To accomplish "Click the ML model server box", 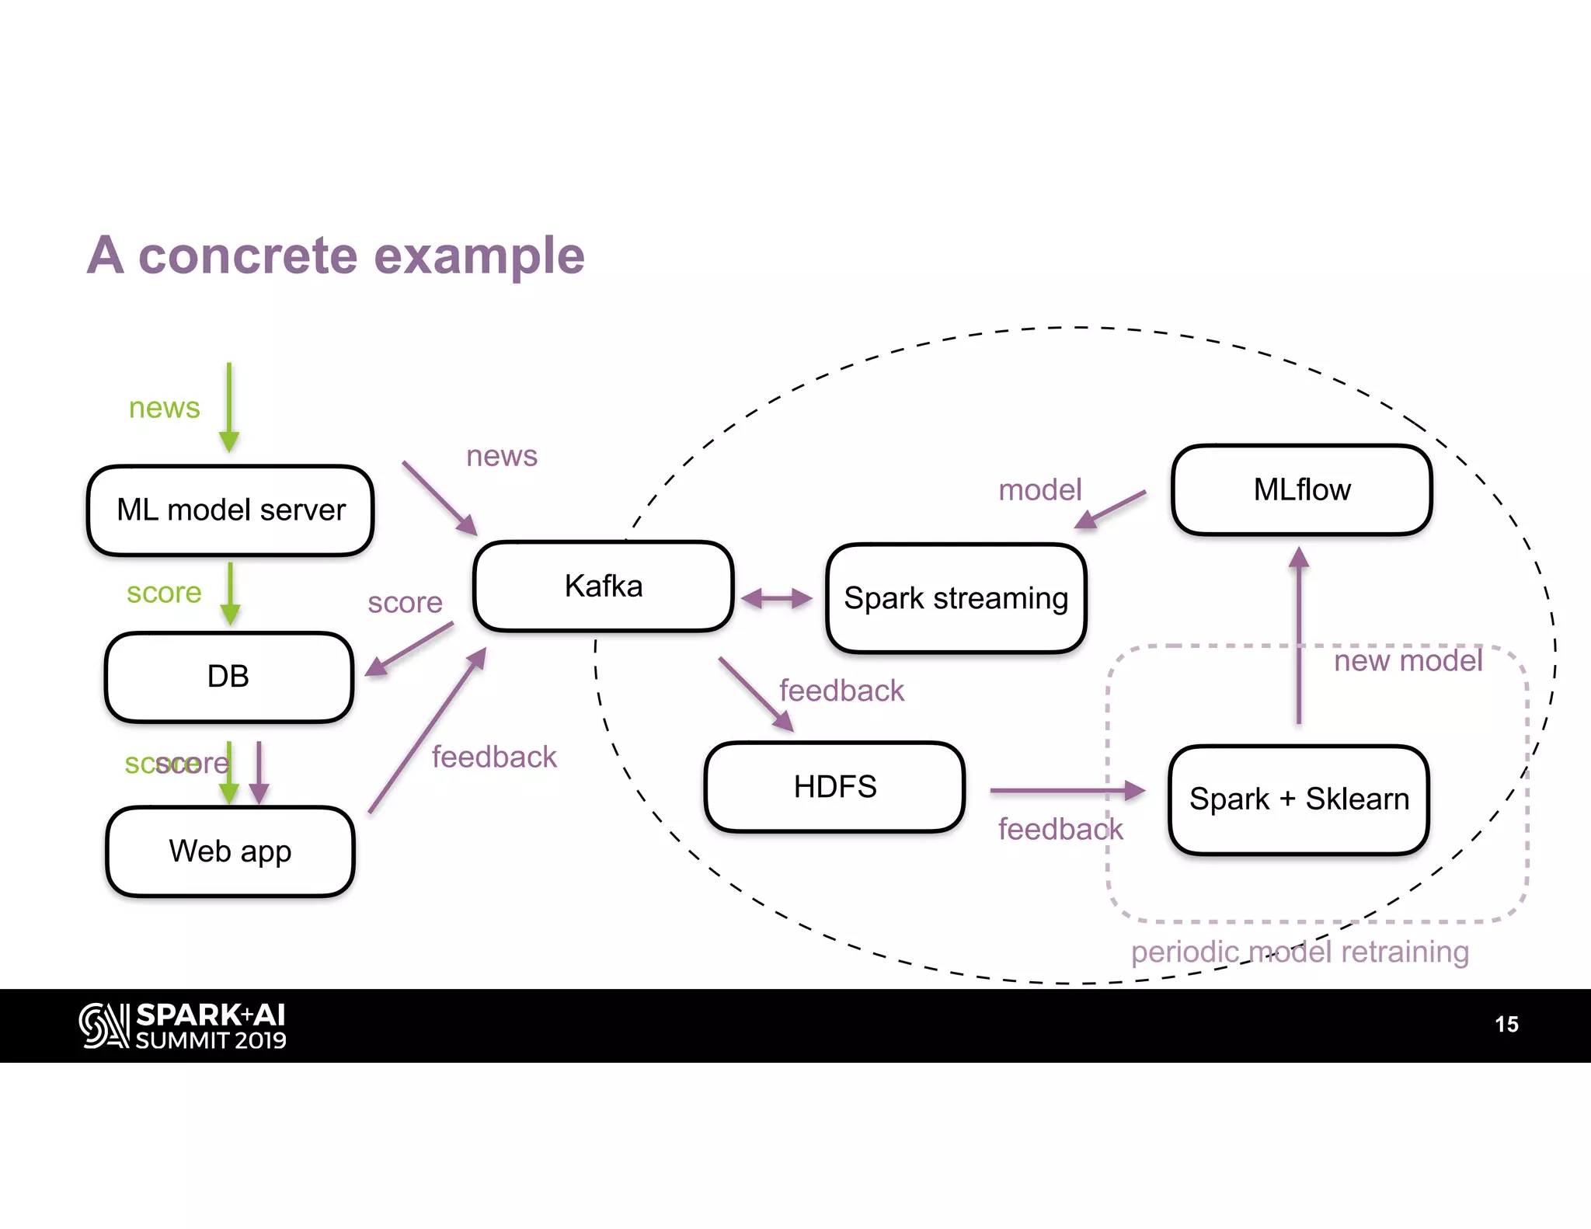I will click(230, 510).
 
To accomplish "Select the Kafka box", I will click(604, 587).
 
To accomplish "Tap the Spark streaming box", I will click(956, 598).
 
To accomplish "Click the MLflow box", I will click(1301, 490).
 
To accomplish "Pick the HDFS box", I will click(834, 787).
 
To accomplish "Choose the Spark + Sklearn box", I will click(1298, 799).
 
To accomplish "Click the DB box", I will click(228, 677).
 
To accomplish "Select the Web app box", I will click(230, 851).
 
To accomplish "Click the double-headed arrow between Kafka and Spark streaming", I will click(776, 598).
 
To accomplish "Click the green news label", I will click(164, 408).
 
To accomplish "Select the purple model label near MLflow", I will click(1039, 490).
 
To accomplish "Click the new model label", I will click(1408, 661).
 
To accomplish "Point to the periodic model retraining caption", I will click(1299, 952).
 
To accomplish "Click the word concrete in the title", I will click(249, 256).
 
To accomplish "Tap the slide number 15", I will click(1506, 1024).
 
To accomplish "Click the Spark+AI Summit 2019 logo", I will click(183, 1026).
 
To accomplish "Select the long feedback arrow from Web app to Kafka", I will click(426, 731).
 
